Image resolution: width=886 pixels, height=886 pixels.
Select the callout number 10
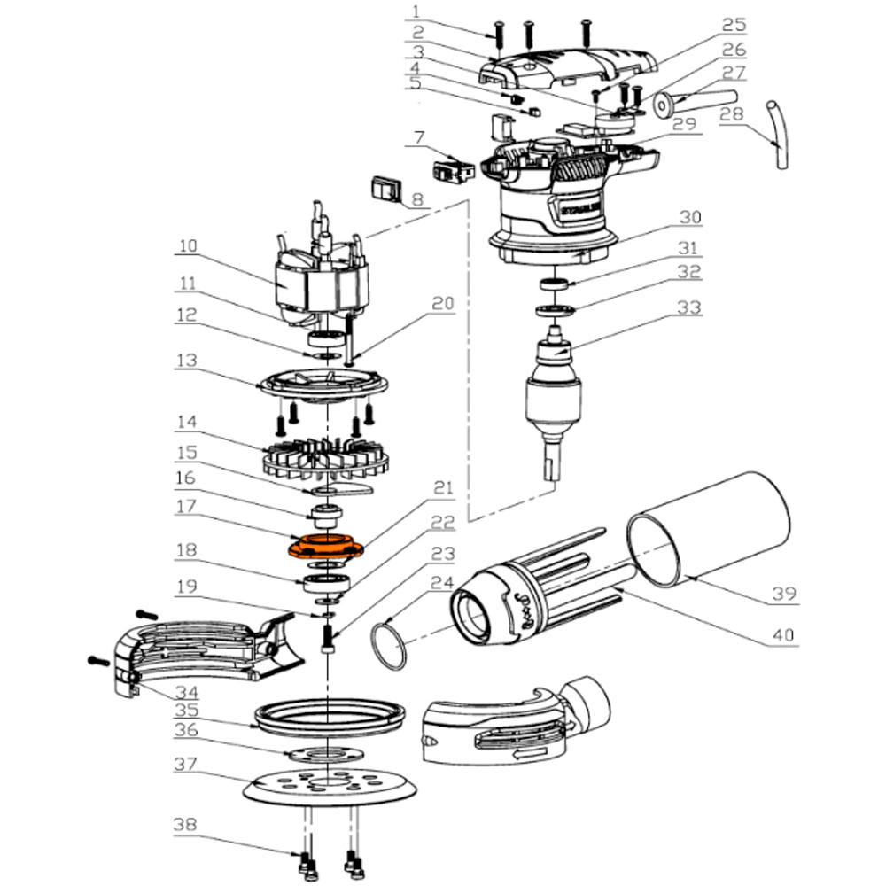point(185,247)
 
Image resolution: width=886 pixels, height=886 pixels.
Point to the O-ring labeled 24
point(389,646)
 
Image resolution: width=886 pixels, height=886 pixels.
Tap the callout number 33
point(689,307)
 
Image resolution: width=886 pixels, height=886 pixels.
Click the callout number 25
point(734,22)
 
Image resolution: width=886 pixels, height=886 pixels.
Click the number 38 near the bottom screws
point(183,824)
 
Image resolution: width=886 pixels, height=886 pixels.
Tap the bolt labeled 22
point(330,636)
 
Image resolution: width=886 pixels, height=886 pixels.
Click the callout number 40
point(783,634)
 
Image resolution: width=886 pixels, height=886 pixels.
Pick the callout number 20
point(442,303)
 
